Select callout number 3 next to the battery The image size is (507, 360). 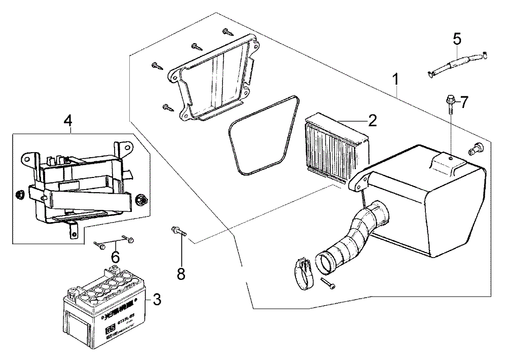tap(157, 300)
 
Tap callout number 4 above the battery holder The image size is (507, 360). tap(67, 121)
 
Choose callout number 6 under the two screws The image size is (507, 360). tap(115, 257)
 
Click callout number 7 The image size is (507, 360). tap(464, 102)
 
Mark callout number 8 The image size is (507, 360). tap(181, 274)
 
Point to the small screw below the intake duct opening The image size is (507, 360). tap(327, 282)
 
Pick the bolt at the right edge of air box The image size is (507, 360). tap(475, 148)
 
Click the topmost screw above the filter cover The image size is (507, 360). tap(226, 32)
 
